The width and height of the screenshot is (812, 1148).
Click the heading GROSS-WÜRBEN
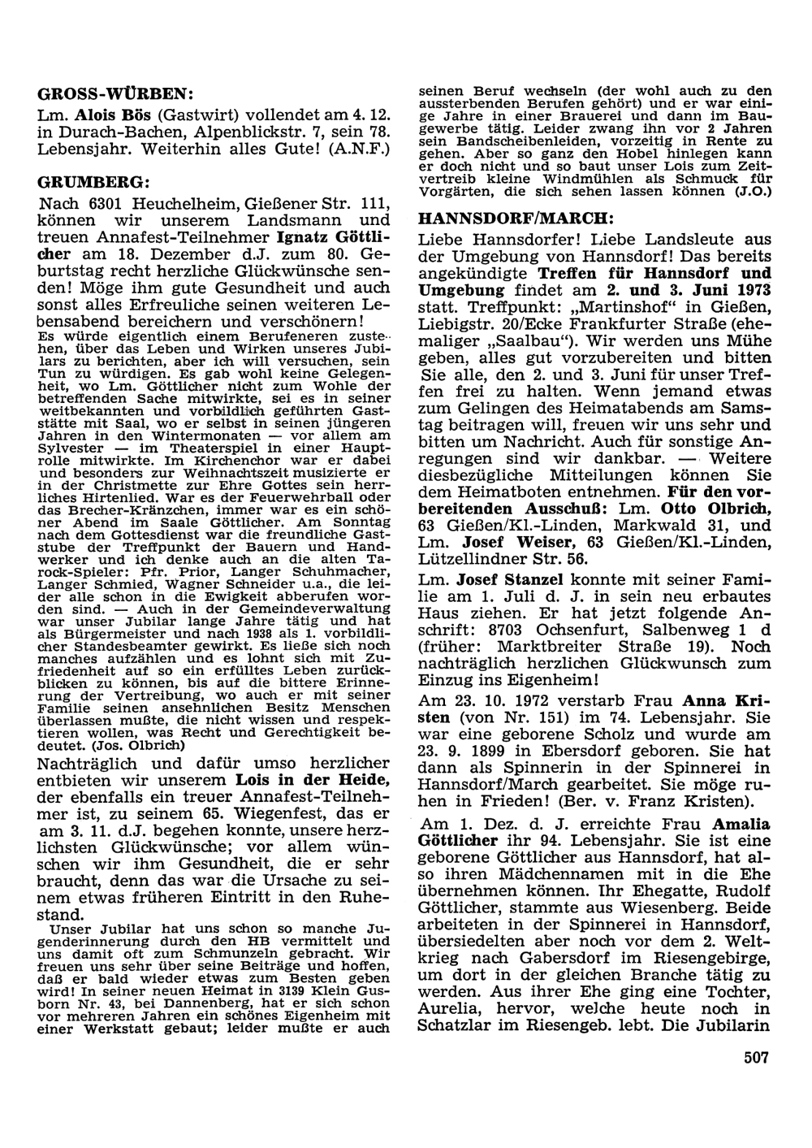click(116, 92)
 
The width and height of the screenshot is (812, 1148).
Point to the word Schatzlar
click(460, 1025)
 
